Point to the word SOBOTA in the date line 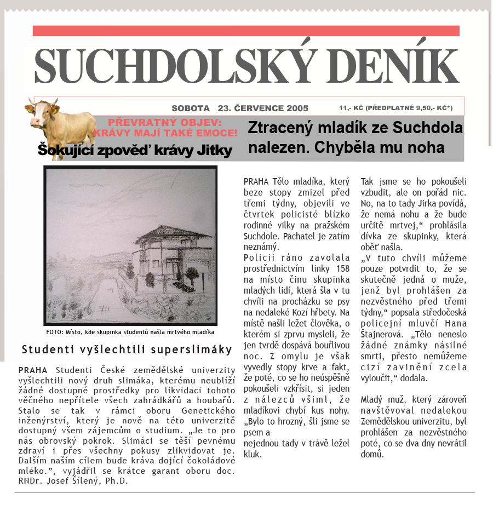191,108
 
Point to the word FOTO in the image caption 55,332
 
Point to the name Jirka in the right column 418,215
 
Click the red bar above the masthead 246,31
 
